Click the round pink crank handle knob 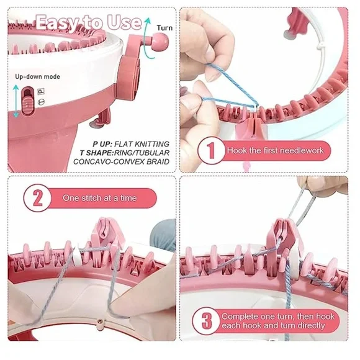point(160,42)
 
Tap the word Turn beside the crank point(164,28)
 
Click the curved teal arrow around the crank point(148,38)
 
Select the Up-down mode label point(37,76)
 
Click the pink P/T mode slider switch point(28,101)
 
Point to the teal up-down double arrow point(16,101)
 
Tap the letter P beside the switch point(41,92)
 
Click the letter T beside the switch point(41,102)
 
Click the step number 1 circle point(211,151)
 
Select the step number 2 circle point(38,198)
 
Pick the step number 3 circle point(207,321)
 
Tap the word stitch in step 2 point(89,198)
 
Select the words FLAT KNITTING point(142,144)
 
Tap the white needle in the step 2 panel point(76,256)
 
